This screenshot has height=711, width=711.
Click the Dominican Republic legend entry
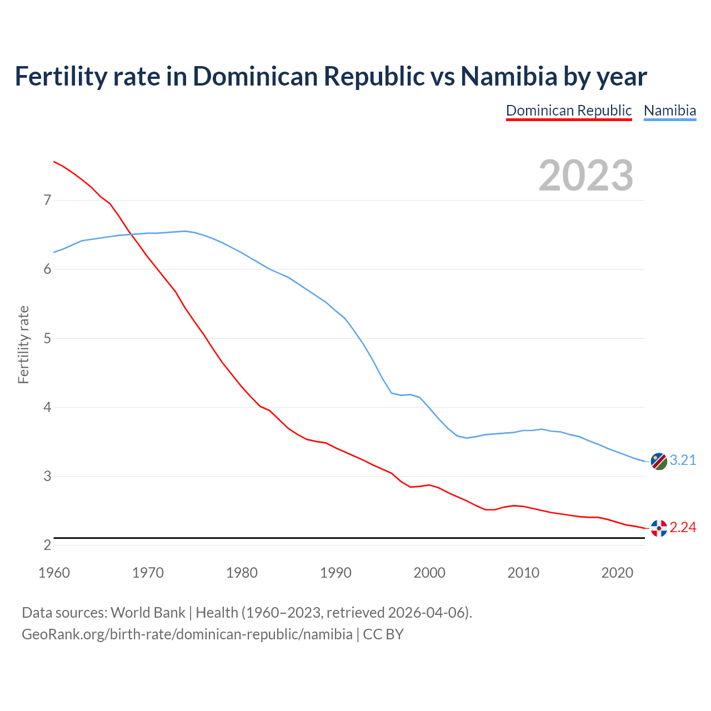point(569,111)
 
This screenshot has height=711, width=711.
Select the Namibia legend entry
point(669,111)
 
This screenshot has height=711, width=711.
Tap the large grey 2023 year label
point(586,176)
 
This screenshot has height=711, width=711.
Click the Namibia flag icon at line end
point(658,461)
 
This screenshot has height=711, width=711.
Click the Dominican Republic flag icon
point(658,528)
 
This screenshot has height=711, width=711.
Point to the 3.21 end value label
point(683,460)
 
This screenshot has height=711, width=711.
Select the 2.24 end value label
point(683,528)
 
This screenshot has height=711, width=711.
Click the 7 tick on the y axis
point(47,200)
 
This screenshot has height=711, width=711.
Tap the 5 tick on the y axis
point(47,338)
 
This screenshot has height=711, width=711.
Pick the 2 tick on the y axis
point(47,545)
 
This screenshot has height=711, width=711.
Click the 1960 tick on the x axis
point(54,573)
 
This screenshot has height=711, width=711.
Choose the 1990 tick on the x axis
point(336,573)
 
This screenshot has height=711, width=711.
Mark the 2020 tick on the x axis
point(617,573)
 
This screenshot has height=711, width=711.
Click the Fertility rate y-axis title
point(23,344)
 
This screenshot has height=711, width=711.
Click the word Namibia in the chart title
point(509,77)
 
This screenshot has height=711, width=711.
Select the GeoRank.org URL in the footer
point(187,634)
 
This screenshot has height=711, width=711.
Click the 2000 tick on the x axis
point(429,573)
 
